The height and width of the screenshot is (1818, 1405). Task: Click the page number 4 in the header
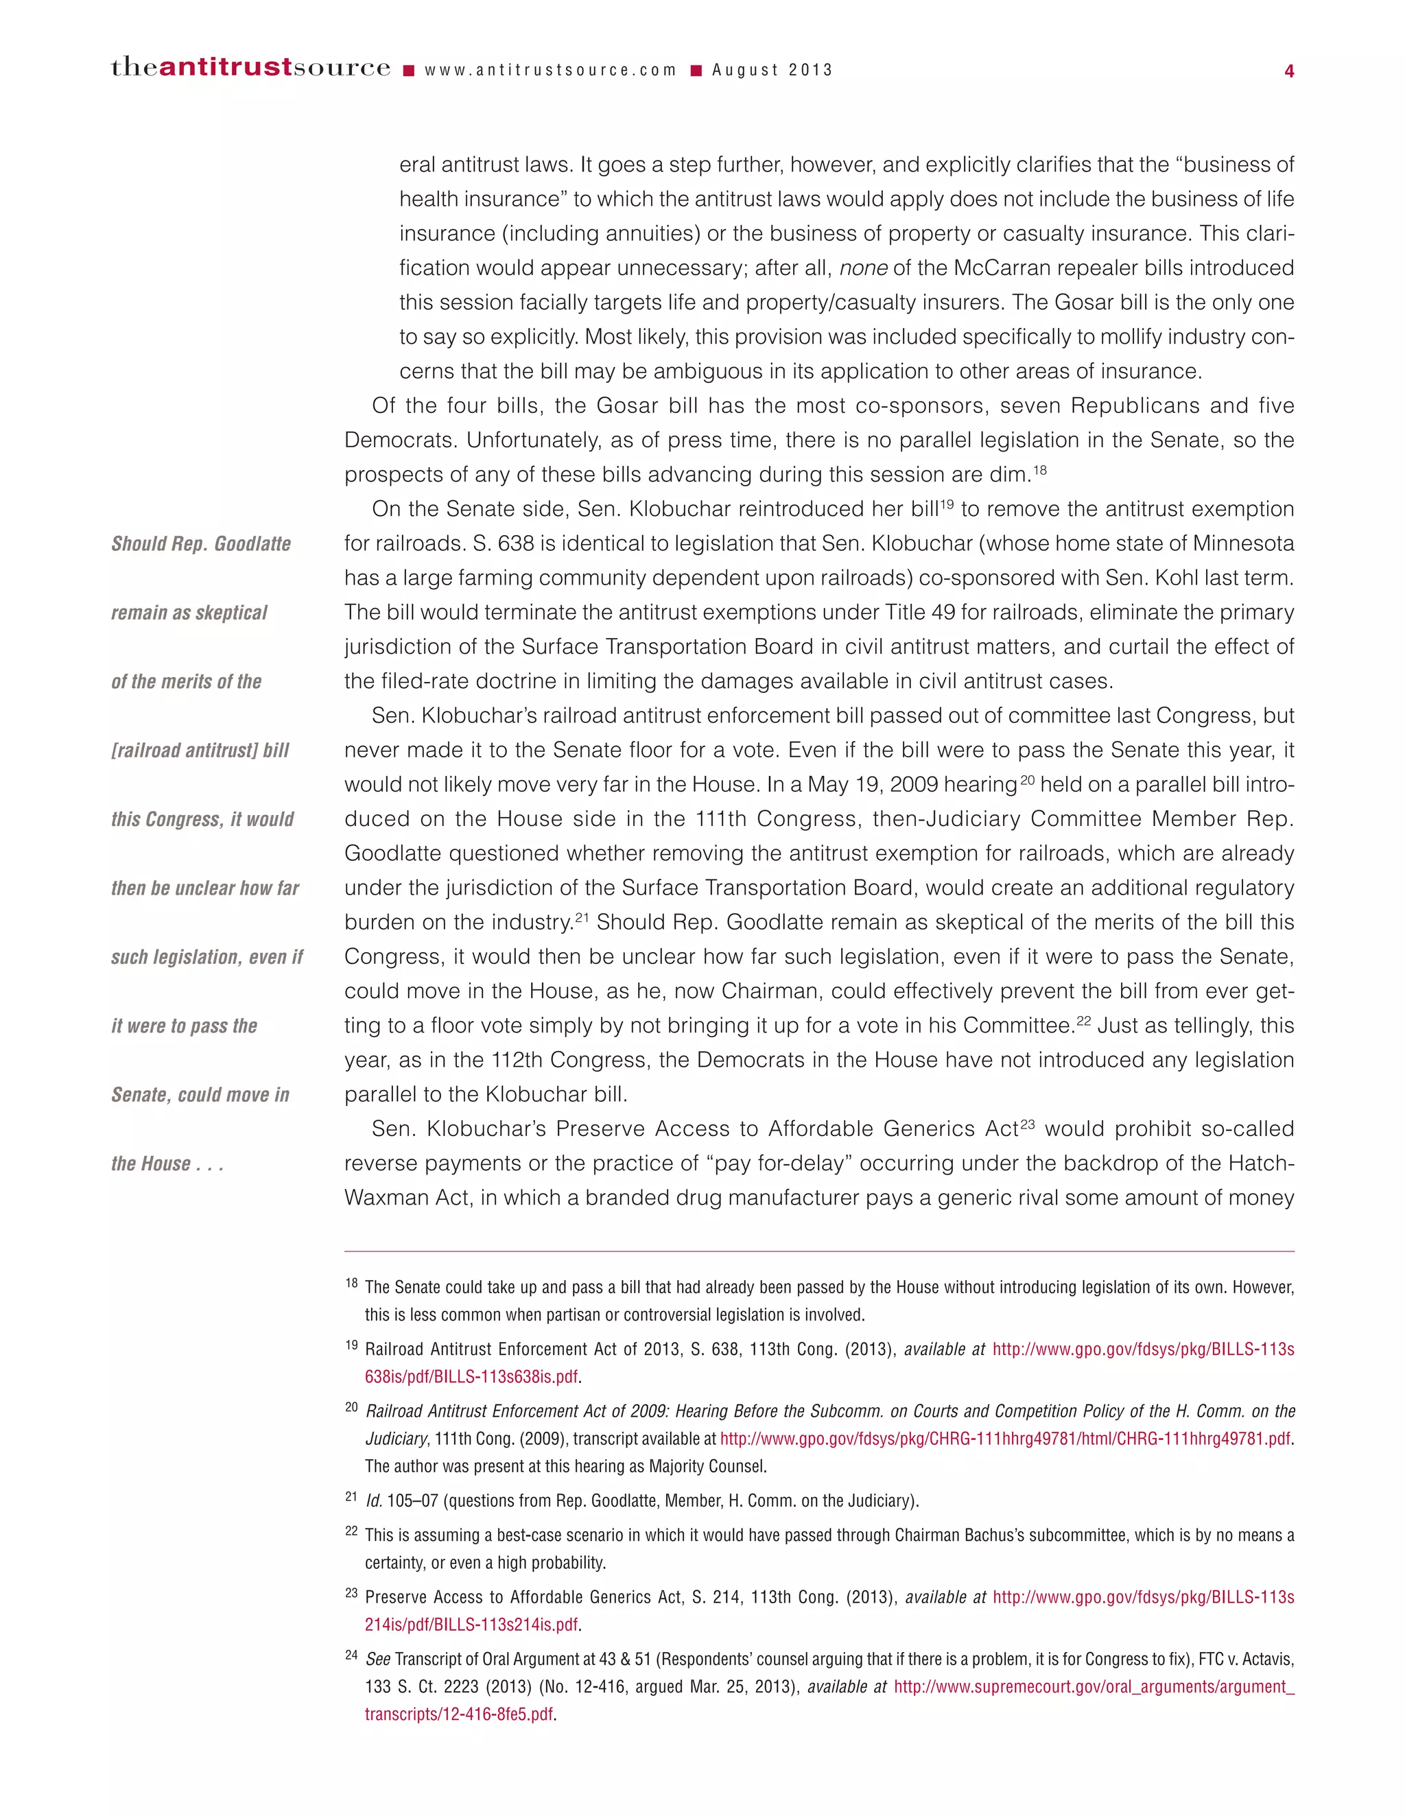point(1288,71)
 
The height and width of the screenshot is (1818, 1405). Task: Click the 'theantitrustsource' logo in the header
point(250,68)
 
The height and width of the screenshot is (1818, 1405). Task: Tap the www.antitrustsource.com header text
point(550,71)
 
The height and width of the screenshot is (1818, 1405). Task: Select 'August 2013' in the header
point(772,71)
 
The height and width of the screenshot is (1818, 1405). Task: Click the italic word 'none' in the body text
point(863,268)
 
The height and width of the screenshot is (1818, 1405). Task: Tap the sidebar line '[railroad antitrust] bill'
point(200,750)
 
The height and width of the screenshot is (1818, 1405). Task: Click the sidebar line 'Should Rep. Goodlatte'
point(200,543)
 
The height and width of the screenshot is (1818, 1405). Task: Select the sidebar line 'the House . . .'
point(167,1163)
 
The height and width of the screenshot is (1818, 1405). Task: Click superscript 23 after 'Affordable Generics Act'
point(1027,1124)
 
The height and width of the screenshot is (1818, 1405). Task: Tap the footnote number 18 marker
point(351,1283)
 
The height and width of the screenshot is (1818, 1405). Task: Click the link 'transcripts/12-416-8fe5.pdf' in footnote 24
point(459,1714)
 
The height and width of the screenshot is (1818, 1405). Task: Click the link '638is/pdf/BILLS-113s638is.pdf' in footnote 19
point(471,1376)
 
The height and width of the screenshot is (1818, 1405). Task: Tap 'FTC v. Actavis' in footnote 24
point(1245,1658)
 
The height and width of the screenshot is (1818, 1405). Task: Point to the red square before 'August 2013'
point(697,71)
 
